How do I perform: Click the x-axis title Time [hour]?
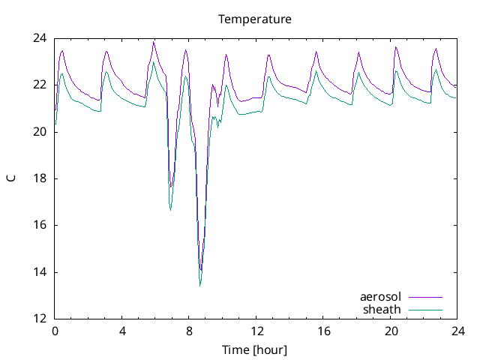pos(254,350)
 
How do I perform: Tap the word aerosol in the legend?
pos(380,298)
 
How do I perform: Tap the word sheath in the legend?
pos(382,309)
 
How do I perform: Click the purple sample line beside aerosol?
pos(424,298)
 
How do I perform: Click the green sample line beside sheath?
pos(424,309)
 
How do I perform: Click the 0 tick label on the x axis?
pos(55,331)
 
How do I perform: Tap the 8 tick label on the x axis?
pos(189,331)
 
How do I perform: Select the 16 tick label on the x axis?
pos(323,331)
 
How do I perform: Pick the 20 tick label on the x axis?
pos(390,331)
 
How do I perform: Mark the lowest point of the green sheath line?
pos(200,286)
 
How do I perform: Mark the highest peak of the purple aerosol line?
pos(154,42)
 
